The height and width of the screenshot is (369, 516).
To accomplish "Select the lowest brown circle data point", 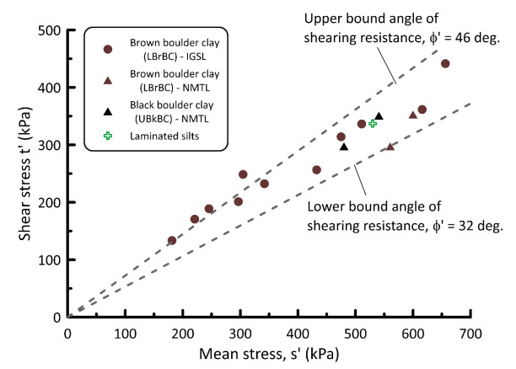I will (x=172, y=240).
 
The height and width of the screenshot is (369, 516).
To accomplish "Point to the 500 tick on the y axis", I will (x=67, y=30).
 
